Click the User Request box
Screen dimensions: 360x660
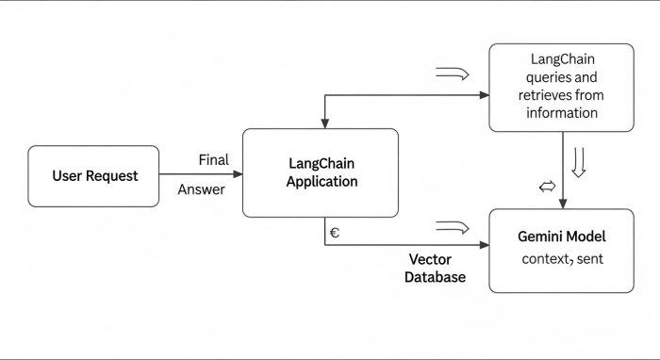(94, 176)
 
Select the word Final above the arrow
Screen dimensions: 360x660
(214, 159)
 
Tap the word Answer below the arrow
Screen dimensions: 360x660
(202, 189)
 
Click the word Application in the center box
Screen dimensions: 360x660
(322, 181)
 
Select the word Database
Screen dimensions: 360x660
(435, 277)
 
